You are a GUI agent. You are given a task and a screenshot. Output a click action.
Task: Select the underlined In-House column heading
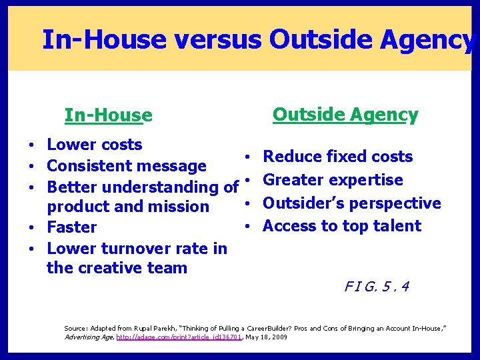pos(108,116)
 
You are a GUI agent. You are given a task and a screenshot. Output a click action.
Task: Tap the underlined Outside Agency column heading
pos(345,115)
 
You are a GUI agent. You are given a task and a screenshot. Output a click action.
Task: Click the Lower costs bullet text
pos(95,145)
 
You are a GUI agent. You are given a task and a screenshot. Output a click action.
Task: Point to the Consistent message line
pos(127,165)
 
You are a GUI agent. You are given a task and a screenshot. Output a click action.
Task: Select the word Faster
pos(72,227)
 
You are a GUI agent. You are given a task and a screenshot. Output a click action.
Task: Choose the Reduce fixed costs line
pos(338,157)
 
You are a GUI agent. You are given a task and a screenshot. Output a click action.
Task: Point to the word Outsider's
pos(299,203)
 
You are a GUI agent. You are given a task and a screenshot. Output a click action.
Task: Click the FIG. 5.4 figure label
pos(377,287)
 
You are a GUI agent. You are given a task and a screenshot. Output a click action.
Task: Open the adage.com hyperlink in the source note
pos(179,338)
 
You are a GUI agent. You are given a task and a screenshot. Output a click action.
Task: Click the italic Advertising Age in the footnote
pos(89,338)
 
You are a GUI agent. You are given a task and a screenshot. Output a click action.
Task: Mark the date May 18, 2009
pos(267,338)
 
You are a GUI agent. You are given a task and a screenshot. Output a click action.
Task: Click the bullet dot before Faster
pos(33,228)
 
